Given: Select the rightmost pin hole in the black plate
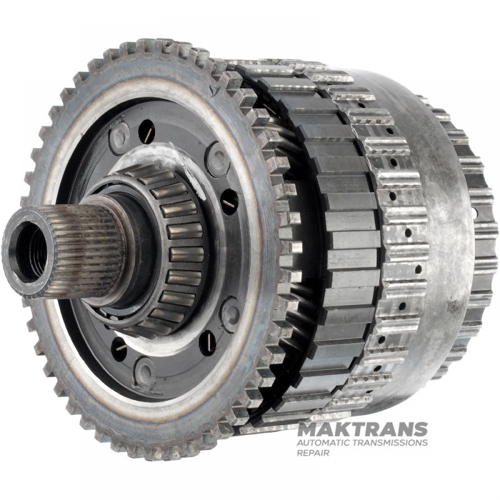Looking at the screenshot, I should [229, 202].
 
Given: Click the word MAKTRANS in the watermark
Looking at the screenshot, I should [362, 429].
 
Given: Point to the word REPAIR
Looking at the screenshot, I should [313, 453].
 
